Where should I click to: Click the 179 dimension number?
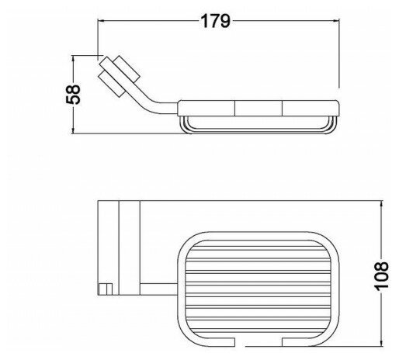pos(215,21)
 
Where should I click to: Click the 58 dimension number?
pos(73,94)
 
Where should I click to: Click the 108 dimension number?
pos(382,276)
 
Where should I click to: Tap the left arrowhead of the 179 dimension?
pos(102,21)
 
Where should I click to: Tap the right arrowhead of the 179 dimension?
pos(335,21)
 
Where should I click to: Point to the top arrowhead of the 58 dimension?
pos(73,60)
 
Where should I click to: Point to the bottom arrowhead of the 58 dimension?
pos(73,130)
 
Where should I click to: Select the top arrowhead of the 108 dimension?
pos(382,205)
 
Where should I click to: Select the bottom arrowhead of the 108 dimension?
pos(382,342)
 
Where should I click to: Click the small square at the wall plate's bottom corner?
pos(106,289)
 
